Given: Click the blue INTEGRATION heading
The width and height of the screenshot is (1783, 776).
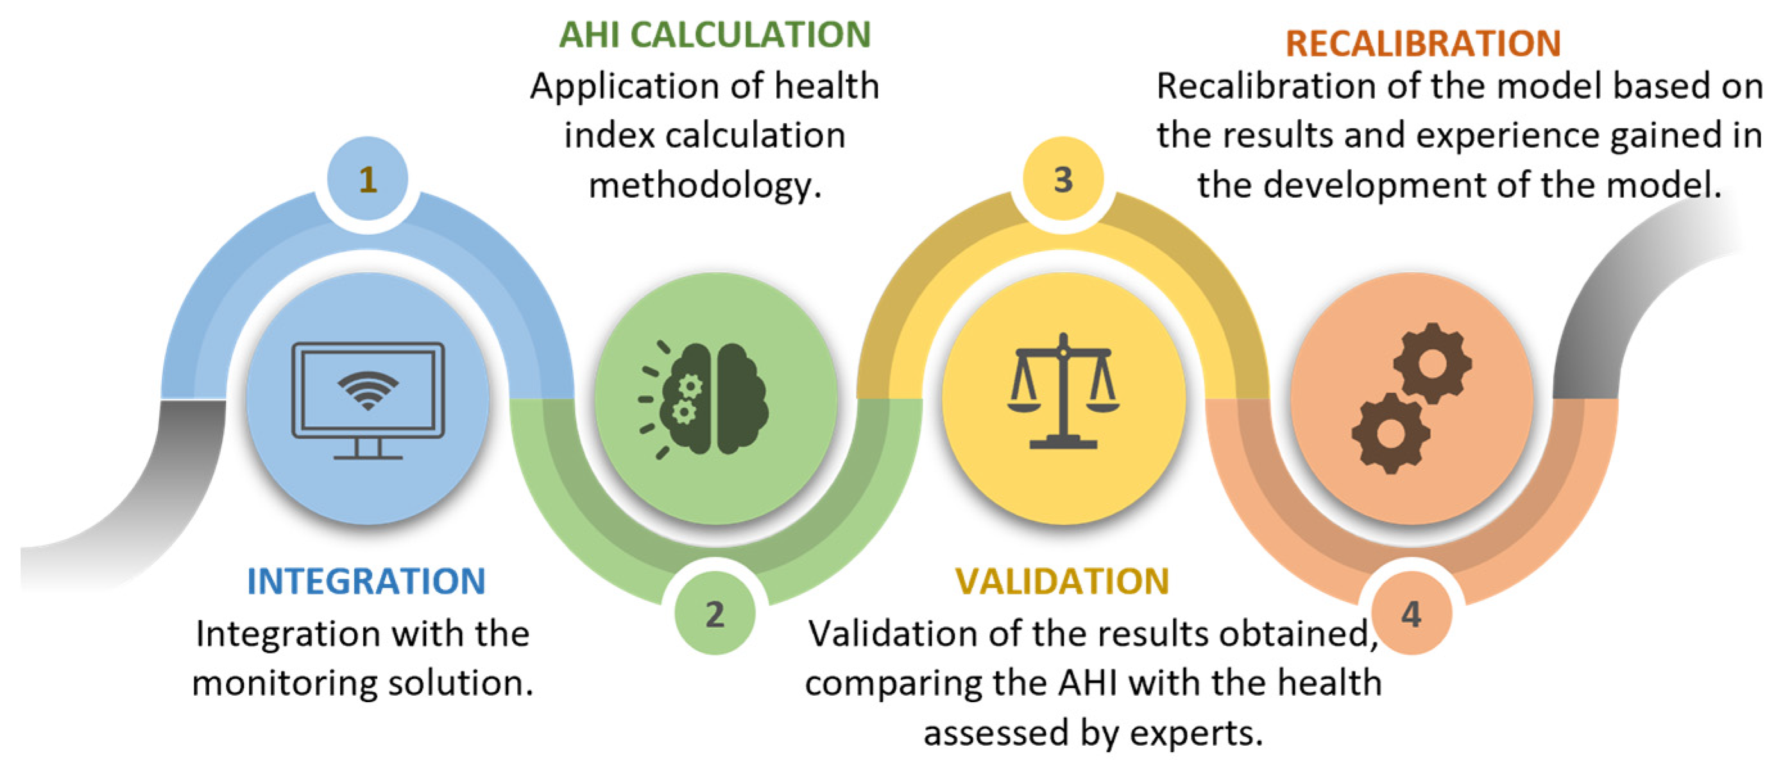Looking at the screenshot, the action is coord(366,581).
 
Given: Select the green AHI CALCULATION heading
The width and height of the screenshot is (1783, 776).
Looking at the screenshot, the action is coord(714,35).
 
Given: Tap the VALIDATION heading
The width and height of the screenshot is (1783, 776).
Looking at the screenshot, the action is coord(1062,581).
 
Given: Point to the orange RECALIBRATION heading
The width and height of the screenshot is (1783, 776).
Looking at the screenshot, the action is coord(1423,43).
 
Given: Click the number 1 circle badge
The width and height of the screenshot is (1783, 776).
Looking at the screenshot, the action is coord(368,179).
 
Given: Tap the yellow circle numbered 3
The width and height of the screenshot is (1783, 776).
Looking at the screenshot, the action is coord(1063,179).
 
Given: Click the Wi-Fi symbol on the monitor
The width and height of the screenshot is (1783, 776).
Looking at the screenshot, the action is coord(368,390).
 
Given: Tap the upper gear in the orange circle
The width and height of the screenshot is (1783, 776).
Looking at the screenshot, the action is coord(1432,363).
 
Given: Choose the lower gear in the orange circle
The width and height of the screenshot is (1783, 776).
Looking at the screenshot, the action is coord(1390,433).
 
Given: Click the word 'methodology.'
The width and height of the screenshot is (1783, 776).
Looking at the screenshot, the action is coord(704,185).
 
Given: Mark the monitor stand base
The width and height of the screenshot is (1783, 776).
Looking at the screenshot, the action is coord(368,456).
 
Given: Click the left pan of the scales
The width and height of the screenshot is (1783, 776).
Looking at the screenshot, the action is coord(1024,406).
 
